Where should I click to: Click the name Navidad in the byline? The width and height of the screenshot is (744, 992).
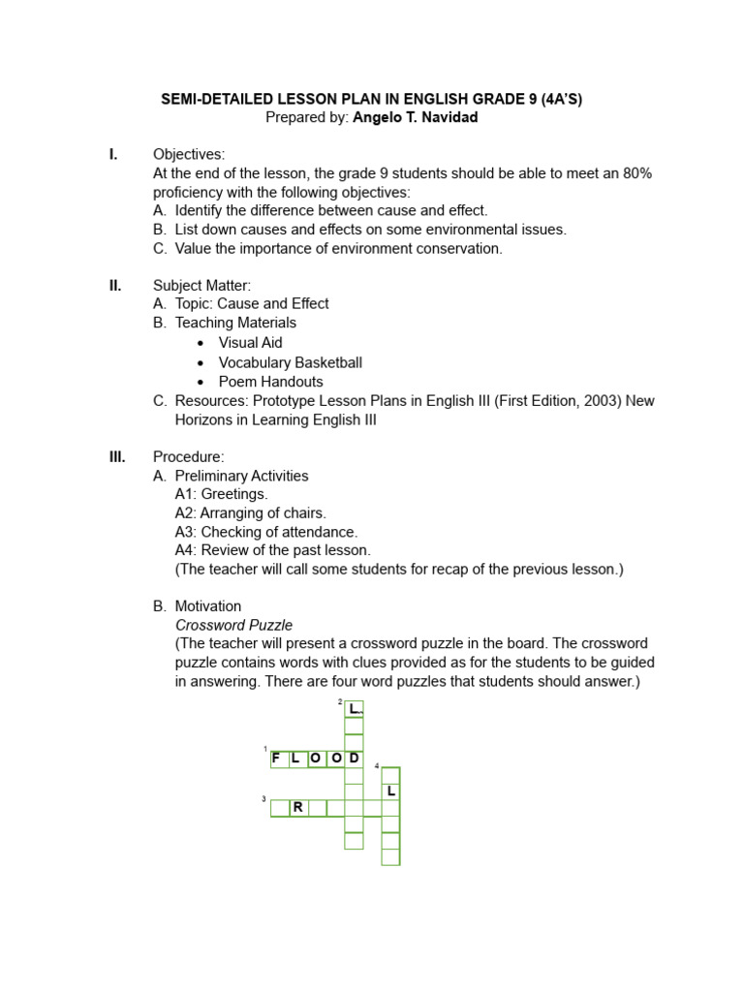pos(449,117)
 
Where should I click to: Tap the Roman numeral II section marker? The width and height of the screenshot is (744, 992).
pos(114,285)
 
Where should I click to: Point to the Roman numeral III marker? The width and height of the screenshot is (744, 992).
pos(116,456)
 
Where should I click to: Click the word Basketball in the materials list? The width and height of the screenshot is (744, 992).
pos(328,362)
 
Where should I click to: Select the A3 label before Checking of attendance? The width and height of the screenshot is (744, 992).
pos(186,532)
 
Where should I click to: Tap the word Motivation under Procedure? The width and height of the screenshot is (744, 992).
pos(208,606)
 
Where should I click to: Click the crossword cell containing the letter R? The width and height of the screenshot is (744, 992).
pos(298,807)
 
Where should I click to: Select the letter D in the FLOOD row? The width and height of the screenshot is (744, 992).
pos(355,758)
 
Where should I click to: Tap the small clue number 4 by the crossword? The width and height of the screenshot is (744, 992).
pos(377,766)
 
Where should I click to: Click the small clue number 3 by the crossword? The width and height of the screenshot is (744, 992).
pos(263,799)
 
